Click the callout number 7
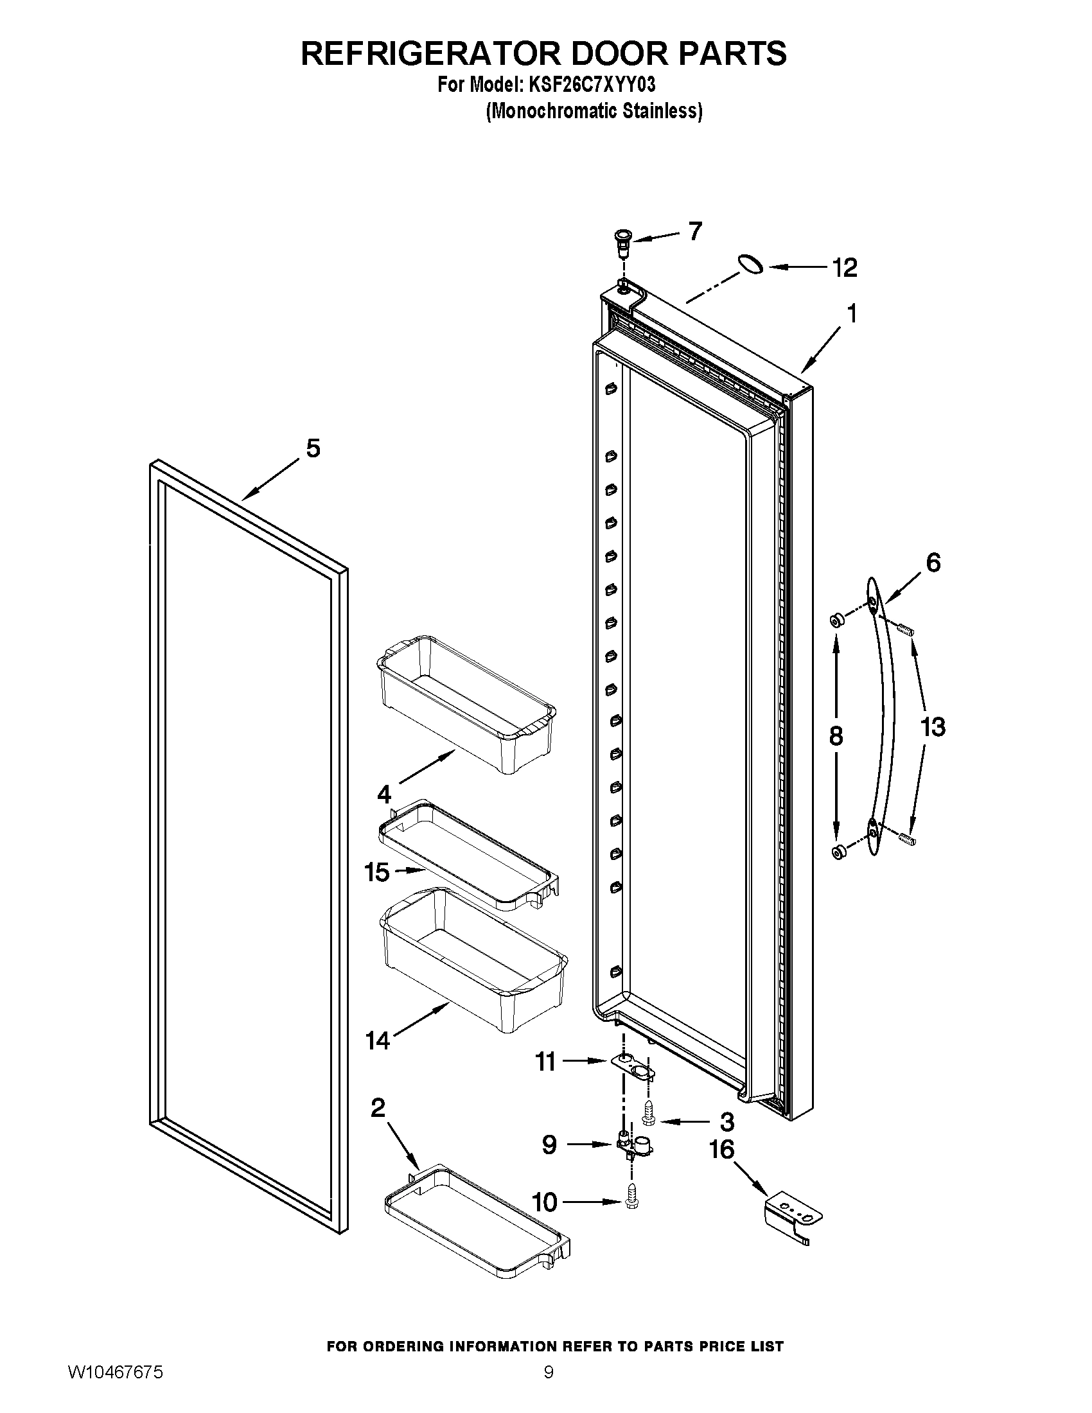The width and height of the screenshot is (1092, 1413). pyautogui.click(x=695, y=231)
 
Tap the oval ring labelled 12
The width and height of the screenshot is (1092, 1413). pyautogui.click(x=750, y=265)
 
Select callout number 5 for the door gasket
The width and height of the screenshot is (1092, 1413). pyautogui.click(x=312, y=448)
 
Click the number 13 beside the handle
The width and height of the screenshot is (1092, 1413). pyautogui.click(x=932, y=726)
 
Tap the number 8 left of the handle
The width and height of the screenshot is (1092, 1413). pyautogui.click(x=836, y=735)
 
